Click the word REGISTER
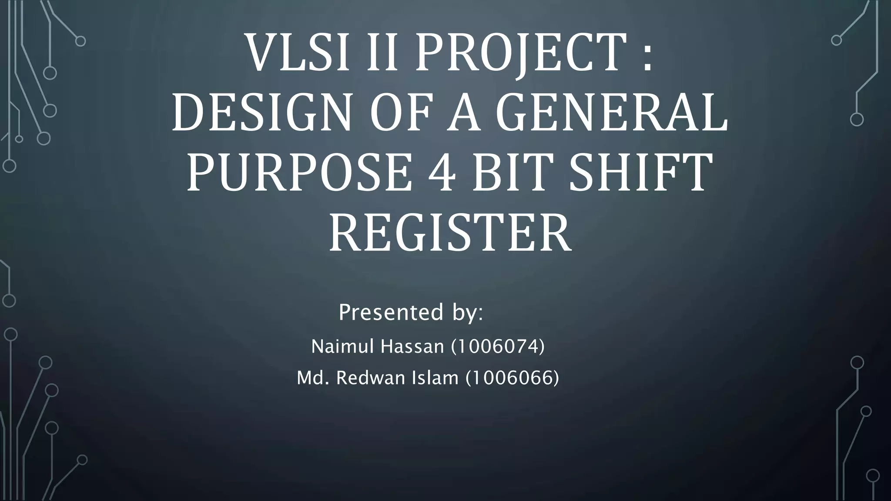450,235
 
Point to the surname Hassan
412,347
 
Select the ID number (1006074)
498,347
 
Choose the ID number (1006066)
512,377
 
